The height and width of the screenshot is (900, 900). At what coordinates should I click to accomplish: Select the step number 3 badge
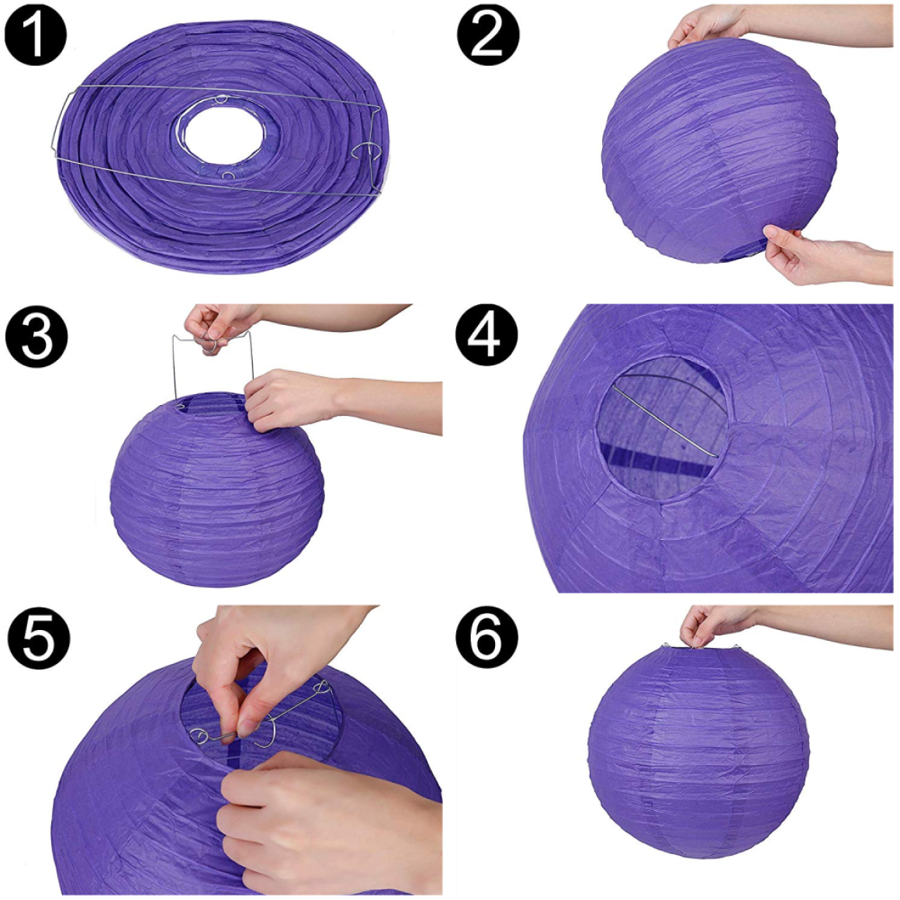(x=36, y=337)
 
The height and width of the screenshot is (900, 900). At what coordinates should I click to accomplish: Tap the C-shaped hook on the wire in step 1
(x=366, y=151)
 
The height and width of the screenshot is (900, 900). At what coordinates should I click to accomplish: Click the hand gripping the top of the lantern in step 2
(x=707, y=26)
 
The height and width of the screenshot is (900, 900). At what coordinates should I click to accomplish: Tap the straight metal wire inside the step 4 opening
(x=666, y=422)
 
